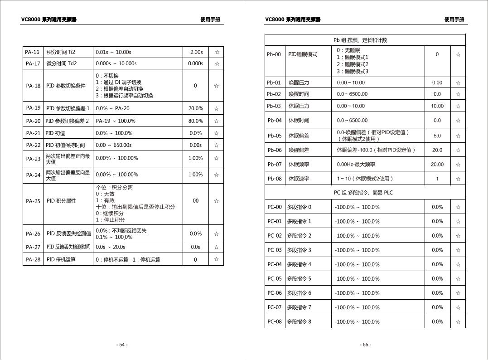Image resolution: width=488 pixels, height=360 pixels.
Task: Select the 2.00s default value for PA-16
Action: pos(196,52)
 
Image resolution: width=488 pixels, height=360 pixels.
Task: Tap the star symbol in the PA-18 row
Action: pos(217,86)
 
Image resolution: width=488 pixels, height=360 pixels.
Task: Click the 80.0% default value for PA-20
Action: pos(196,121)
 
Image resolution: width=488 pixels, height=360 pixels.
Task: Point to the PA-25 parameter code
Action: pos(33,201)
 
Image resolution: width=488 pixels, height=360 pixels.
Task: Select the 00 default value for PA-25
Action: pos(196,201)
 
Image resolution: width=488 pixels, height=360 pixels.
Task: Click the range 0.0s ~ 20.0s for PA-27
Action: pos(110,247)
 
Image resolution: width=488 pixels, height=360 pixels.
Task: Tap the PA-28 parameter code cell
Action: pos(33,260)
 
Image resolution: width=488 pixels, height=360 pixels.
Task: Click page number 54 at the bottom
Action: pos(122,345)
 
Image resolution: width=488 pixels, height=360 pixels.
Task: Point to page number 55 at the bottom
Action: pos(366,345)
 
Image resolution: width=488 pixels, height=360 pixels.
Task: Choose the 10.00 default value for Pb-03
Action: pos(437,106)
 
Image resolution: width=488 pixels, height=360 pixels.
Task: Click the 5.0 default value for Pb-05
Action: pos(437,136)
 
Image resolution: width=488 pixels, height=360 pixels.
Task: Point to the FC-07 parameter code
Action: pos(275,307)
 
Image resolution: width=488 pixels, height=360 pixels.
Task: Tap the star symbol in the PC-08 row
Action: pos(458,322)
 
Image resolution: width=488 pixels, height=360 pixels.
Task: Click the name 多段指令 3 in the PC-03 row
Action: pos(299,250)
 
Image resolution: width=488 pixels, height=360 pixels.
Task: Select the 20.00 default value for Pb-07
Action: pos(437,165)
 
